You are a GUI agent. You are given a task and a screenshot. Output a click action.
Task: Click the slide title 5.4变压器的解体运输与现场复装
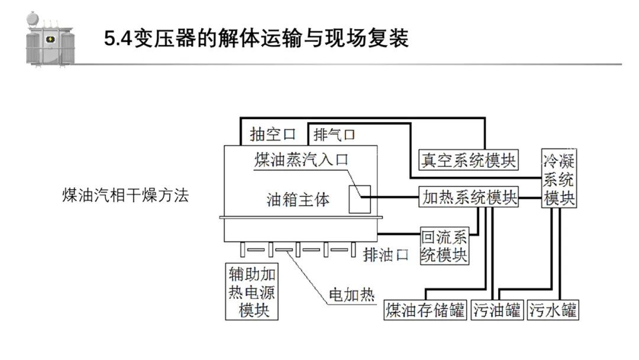click(256, 39)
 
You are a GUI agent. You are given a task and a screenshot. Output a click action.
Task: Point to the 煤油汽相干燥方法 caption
click(125, 196)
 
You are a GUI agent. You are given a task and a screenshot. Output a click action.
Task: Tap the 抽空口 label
click(272, 134)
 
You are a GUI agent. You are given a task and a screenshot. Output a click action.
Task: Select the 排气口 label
click(335, 134)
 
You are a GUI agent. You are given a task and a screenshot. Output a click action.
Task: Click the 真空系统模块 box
click(468, 159)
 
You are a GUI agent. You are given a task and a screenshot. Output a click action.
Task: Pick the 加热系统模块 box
click(469, 197)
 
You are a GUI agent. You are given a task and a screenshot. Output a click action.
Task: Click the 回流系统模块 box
click(444, 246)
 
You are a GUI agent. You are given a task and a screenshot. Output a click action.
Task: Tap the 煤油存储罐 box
click(425, 310)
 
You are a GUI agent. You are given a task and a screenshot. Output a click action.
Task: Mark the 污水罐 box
click(553, 310)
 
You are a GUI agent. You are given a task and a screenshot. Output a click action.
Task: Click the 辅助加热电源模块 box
click(252, 292)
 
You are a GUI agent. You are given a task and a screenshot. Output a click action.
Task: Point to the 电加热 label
click(351, 295)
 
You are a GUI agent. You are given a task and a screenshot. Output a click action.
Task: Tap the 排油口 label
click(386, 254)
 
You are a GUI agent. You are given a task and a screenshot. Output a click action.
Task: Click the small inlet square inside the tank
click(359, 199)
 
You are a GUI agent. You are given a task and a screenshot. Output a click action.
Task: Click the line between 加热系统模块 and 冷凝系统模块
click(530, 197)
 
